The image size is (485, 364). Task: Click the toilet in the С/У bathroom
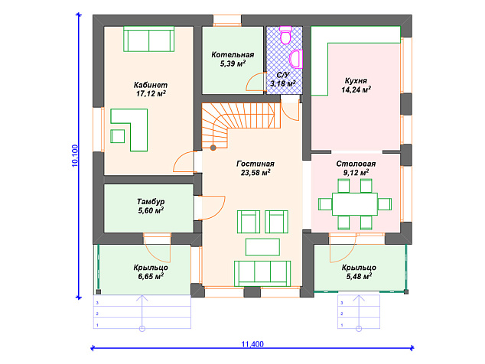tap(285, 34)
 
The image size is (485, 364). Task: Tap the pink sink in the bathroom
tap(296, 59)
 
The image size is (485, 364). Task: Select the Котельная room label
tap(233, 55)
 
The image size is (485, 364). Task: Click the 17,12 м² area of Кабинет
tap(151, 93)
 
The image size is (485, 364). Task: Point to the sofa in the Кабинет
tap(148, 39)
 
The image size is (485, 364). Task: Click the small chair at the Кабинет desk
tap(118, 136)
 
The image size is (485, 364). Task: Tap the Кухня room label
tap(356, 81)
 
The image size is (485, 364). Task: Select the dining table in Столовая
tap(355, 204)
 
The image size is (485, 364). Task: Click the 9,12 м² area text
tap(356, 172)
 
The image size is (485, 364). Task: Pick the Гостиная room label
tap(256, 164)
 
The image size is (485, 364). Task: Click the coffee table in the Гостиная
tap(262, 247)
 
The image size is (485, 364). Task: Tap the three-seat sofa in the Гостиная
tap(262, 274)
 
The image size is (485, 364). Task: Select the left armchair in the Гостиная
tap(249, 222)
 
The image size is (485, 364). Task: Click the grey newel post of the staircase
tap(213, 148)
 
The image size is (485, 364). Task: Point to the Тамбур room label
tap(151, 202)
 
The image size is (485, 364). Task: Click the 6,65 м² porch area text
tap(151, 276)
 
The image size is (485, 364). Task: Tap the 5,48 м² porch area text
tap(359, 276)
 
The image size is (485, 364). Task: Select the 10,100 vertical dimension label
tap(76, 156)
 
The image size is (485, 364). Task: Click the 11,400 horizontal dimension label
tap(252, 344)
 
